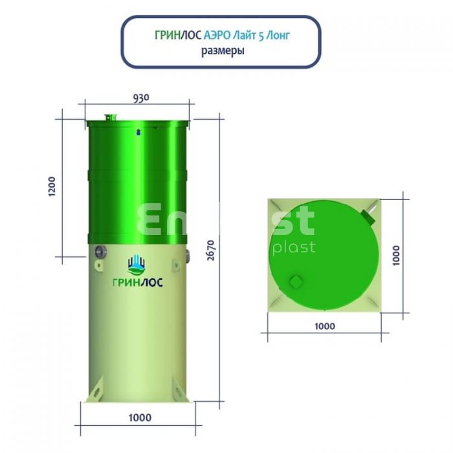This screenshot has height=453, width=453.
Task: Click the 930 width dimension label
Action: coord(141,98)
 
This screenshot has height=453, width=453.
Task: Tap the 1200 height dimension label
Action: coord(51,186)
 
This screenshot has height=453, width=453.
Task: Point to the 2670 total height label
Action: coord(212,250)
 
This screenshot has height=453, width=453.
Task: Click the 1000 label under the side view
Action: coord(140,418)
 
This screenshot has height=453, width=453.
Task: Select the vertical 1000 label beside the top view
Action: coord(396,256)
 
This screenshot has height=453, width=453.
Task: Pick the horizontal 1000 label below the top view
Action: coord(325,326)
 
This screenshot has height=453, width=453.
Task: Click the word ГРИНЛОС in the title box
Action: coord(178,36)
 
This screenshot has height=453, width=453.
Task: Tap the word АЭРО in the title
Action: coord(217,36)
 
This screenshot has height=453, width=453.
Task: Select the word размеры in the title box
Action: coord(223,51)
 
